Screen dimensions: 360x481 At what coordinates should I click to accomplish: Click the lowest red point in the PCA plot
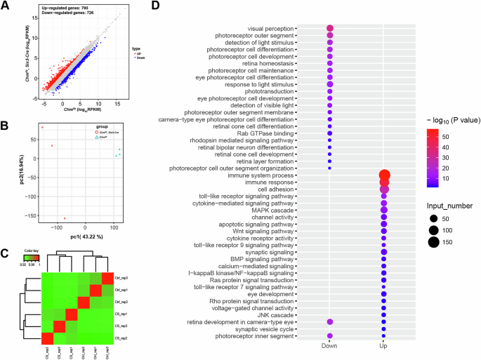tap(65, 218)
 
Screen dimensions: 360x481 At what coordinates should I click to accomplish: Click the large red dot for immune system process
tap(384, 175)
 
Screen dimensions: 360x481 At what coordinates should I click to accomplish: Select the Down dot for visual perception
tap(330, 29)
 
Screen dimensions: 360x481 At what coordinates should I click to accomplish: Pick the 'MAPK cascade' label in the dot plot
tap(275, 210)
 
